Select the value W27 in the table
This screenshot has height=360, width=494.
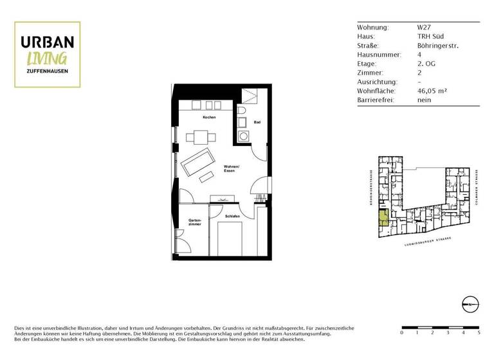click(x=424, y=28)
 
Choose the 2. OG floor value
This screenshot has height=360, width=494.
click(x=426, y=64)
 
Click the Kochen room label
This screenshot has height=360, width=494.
click(x=209, y=118)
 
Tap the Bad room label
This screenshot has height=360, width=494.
click(x=257, y=122)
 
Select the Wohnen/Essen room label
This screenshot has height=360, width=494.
click(x=232, y=170)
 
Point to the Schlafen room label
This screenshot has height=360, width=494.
click(x=233, y=217)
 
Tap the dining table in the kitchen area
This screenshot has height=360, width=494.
click(x=200, y=137)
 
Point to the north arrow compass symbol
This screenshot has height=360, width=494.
click(x=470, y=304)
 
